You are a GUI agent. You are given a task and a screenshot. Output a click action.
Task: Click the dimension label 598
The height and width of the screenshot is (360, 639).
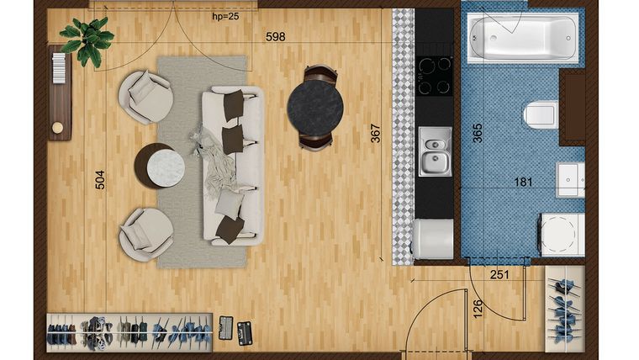point(276,37)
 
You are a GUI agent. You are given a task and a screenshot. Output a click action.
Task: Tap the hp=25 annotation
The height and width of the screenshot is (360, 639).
point(225,17)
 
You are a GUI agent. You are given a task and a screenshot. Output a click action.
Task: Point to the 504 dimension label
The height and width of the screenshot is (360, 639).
point(100,180)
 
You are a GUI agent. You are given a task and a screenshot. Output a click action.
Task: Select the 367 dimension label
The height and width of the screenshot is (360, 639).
point(375,134)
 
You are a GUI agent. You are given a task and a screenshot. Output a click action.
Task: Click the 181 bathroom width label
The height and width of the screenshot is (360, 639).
point(523,182)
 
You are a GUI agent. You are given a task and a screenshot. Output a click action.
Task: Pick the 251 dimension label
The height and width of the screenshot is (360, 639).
point(499,275)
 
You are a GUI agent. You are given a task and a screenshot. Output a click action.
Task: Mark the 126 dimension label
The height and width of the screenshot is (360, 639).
point(478,309)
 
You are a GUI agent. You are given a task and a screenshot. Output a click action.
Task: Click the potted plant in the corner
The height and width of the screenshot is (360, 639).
point(87,40)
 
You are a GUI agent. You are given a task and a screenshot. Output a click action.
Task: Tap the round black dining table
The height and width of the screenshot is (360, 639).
point(315,108)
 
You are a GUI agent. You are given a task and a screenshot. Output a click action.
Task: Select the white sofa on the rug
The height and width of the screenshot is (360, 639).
point(233,166)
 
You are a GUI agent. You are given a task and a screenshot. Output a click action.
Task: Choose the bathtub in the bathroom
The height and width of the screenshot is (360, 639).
point(523,38)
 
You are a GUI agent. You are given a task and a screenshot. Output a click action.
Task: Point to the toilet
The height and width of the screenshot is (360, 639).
point(541,114)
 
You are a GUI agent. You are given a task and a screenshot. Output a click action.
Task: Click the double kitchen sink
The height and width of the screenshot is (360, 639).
point(436,151)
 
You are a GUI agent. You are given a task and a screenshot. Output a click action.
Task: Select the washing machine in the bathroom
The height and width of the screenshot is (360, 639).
point(562,235)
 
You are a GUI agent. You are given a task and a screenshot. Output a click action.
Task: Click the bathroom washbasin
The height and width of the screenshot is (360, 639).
point(571,180)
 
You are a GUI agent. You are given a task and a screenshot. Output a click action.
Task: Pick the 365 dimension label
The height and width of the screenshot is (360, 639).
point(478,133)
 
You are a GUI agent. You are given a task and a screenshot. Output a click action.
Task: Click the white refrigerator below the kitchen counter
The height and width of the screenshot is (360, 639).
point(433,239)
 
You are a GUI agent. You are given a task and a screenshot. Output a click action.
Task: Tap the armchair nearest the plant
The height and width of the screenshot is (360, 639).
point(146,97)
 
